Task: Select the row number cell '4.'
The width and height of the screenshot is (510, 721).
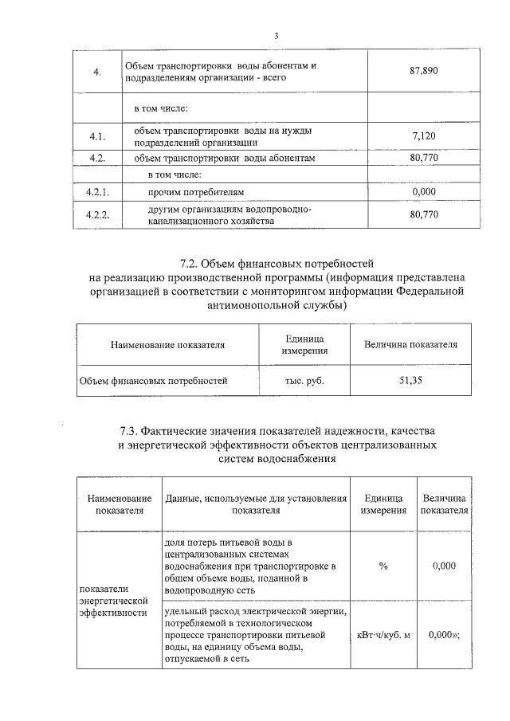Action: click(x=96, y=72)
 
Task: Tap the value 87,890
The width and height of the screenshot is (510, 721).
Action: click(x=424, y=72)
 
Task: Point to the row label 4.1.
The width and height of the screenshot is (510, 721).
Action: click(x=99, y=136)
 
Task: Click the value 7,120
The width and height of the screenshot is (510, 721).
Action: click(x=424, y=136)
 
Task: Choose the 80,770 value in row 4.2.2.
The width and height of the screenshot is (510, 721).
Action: click(x=424, y=214)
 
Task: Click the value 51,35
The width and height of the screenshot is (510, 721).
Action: click(x=410, y=381)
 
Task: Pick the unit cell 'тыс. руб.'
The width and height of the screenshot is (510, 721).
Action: click(x=304, y=381)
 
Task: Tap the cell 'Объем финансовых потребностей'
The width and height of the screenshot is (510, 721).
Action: click(x=153, y=381)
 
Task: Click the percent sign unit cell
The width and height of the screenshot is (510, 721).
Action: click(x=383, y=566)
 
